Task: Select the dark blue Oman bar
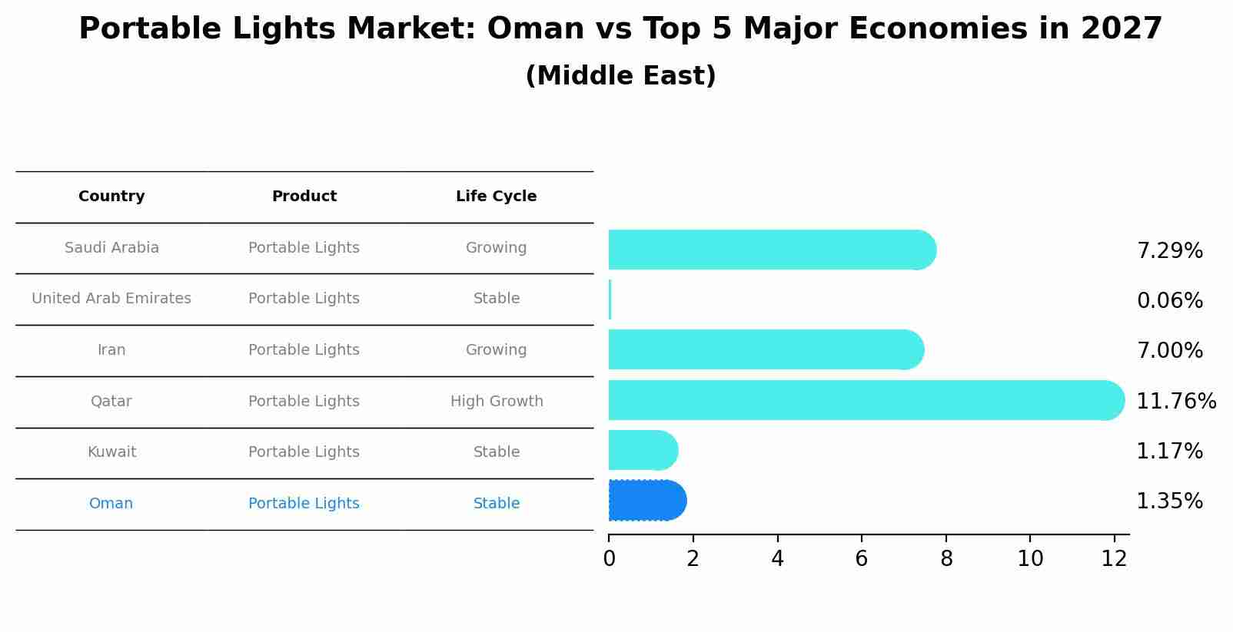646,501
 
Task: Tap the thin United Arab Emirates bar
610,299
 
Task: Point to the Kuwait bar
642,450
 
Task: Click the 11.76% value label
1175,402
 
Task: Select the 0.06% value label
1169,301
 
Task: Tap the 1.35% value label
1169,501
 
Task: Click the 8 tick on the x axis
946,559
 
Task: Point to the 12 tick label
1114,559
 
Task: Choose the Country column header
111,197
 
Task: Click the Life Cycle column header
496,197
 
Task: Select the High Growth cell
497,402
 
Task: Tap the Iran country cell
111,350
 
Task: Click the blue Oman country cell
111,504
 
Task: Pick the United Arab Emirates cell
111,299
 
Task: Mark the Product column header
304,197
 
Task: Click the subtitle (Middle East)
620,76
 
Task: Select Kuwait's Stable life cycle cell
497,452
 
